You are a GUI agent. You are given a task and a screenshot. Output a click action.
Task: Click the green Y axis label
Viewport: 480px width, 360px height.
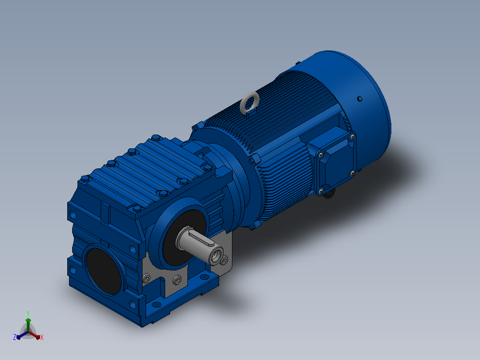pos(28,314)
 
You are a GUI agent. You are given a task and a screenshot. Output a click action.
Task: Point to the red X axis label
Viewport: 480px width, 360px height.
pos(42,337)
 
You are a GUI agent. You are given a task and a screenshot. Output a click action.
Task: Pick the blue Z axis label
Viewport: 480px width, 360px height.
pos(15,337)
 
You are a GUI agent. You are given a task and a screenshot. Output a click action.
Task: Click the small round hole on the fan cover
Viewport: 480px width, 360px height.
pos(360,98)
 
